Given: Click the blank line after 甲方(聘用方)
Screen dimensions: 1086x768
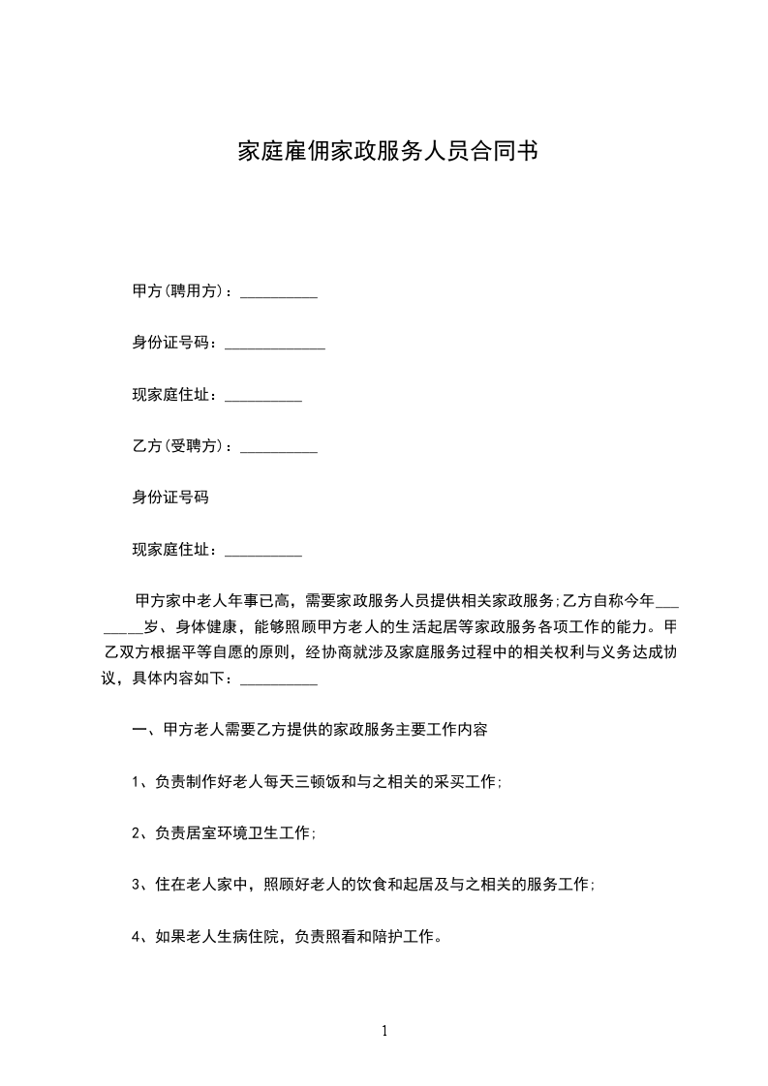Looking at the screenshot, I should click(x=278, y=294).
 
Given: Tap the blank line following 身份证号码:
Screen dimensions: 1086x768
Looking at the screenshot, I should click(x=274, y=347).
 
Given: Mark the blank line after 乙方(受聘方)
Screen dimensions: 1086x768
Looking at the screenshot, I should click(x=278, y=450).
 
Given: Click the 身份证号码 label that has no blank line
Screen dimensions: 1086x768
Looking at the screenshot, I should click(x=170, y=498).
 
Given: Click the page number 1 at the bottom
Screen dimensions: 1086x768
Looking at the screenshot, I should click(x=384, y=1031).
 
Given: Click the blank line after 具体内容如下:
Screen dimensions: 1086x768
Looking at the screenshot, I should click(x=278, y=682).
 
